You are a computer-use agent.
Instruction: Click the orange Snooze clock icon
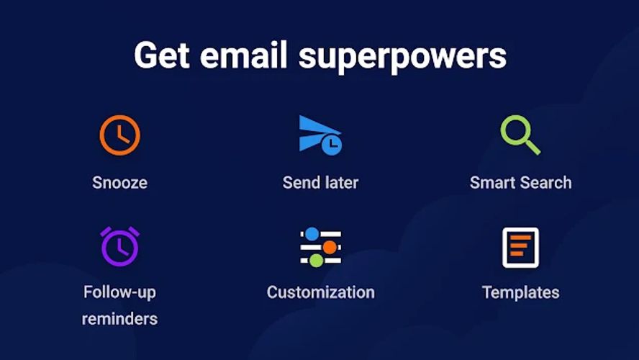click(119, 135)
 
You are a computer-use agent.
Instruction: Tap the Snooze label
click(119, 182)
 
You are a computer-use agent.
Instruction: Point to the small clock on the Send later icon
click(331, 145)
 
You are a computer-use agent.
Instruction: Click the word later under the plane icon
click(340, 182)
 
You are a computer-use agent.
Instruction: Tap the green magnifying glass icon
click(519, 135)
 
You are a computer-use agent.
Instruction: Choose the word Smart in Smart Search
click(493, 182)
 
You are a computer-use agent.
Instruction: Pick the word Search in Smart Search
click(547, 182)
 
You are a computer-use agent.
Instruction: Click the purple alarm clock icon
click(119, 246)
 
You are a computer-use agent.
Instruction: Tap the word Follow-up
click(119, 292)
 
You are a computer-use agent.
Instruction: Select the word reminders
click(119, 318)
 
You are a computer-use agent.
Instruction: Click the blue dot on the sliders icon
click(312, 234)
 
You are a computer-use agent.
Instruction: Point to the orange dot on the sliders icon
click(330, 247)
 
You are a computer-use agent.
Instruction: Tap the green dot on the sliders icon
click(316, 260)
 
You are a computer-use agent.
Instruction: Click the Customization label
click(320, 292)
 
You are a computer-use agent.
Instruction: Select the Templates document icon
click(520, 247)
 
